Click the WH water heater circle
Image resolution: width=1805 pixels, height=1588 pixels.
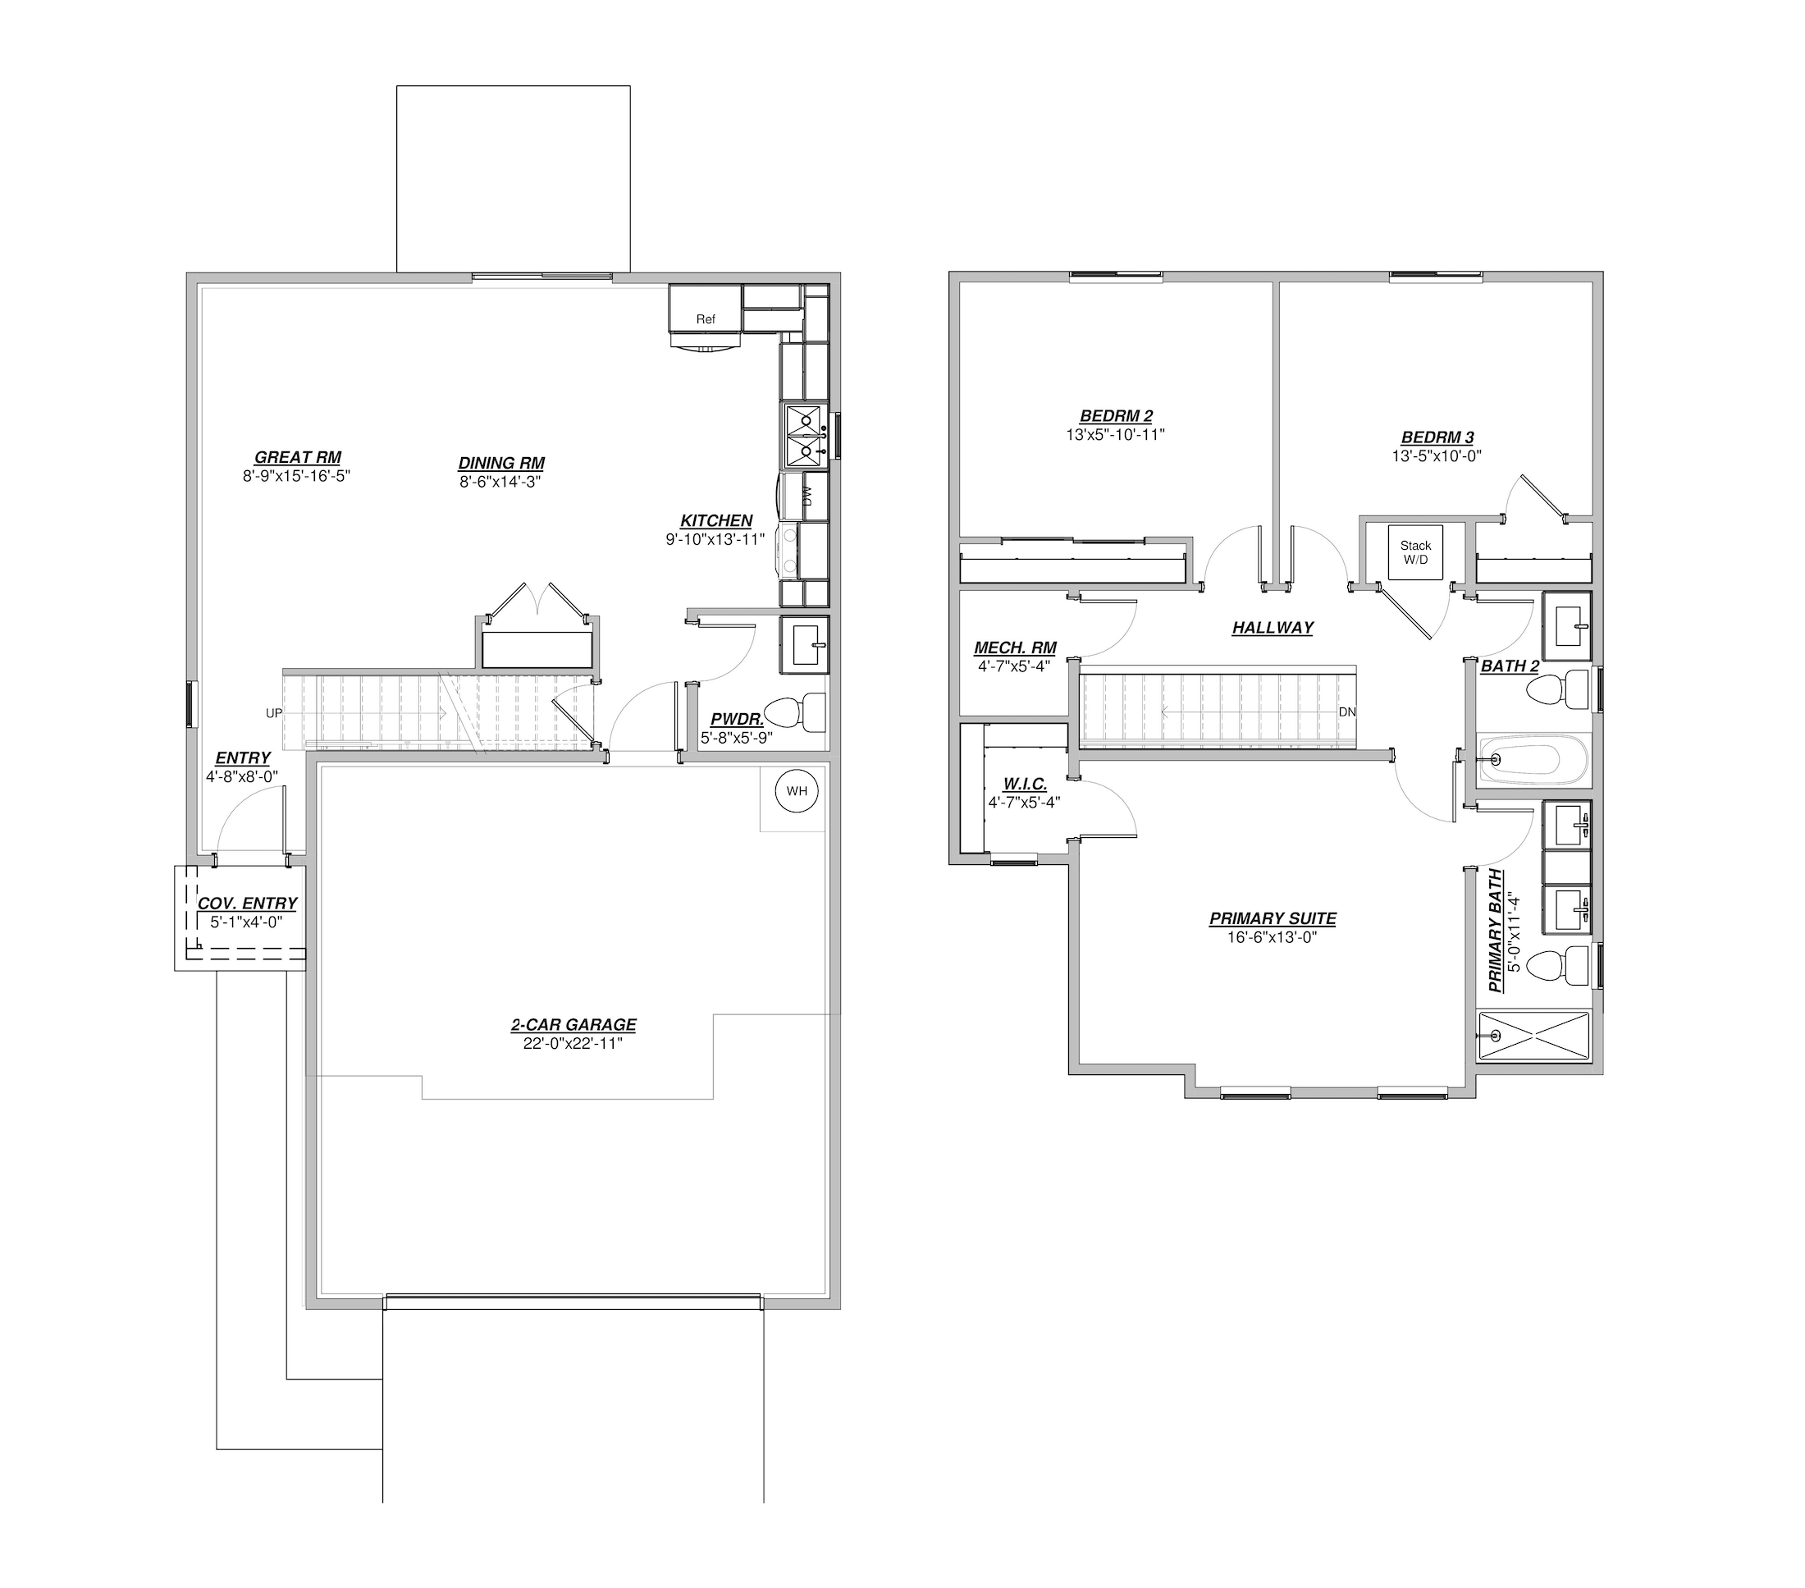(797, 791)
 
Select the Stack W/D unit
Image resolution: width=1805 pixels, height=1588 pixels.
(1415, 553)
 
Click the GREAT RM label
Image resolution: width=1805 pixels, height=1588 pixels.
(298, 457)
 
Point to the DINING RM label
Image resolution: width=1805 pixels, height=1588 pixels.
(500, 463)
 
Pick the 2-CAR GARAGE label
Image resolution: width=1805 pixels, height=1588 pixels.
(573, 1024)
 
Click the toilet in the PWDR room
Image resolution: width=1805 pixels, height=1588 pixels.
(795, 712)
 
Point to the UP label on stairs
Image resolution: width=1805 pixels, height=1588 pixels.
(274, 712)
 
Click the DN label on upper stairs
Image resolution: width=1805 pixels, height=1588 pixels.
(1346, 712)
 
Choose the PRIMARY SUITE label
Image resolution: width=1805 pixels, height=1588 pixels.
(1273, 918)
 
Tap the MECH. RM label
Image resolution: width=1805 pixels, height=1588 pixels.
(1015, 648)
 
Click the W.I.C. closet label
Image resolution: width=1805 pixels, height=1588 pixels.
(1025, 785)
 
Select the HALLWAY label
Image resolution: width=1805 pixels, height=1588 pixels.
(1273, 627)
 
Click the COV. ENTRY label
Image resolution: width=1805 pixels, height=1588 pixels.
(246, 904)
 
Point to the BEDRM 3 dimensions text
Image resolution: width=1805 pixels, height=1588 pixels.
(1437, 455)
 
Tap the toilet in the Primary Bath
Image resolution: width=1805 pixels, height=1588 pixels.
(1562, 965)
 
